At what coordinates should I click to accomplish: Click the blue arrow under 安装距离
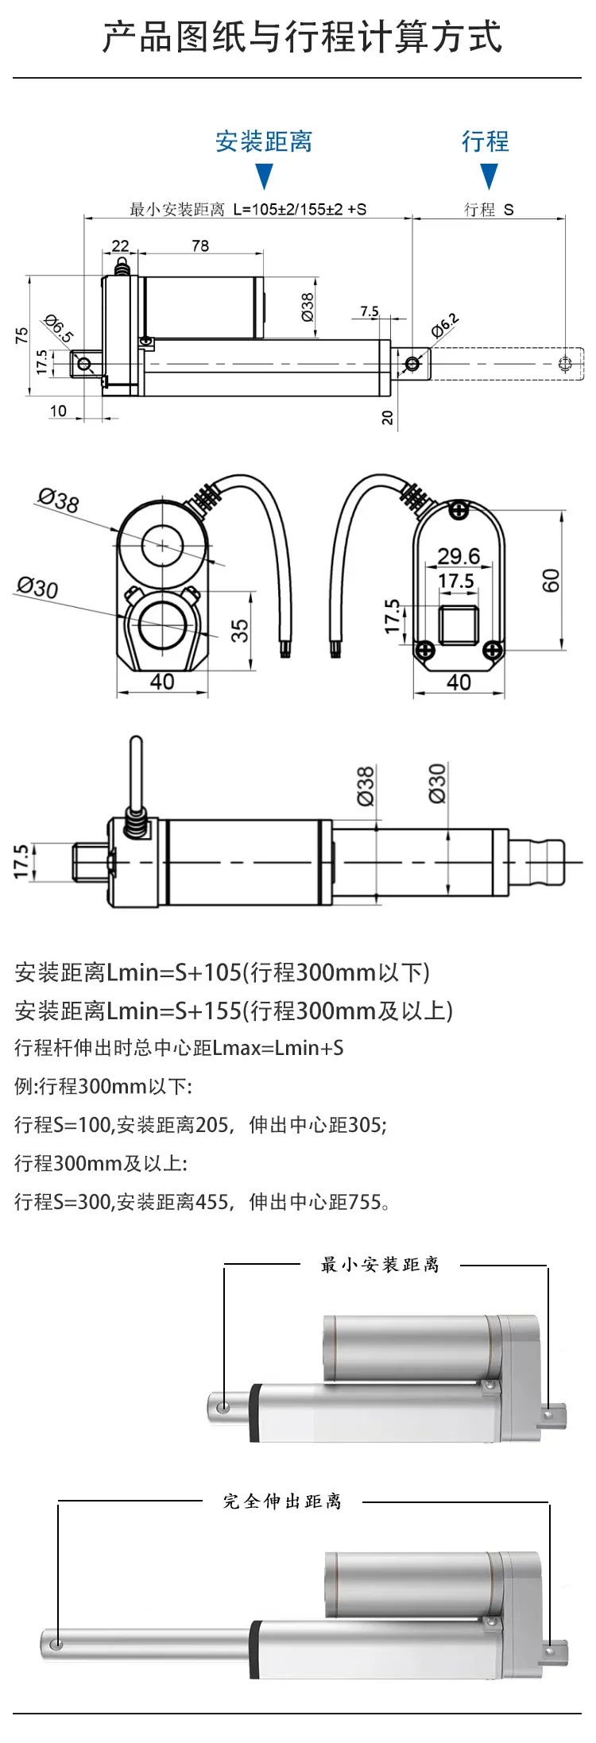coord(265,176)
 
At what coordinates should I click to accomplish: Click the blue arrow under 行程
coord(490,176)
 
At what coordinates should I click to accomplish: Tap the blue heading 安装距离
coord(264,141)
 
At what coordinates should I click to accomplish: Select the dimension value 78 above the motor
coord(200,245)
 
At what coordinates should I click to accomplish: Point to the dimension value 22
coord(120,245)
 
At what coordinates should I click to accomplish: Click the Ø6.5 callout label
coord(59,329)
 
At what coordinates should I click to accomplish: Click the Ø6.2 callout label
coord(445,325)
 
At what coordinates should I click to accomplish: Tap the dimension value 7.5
coord(370,311)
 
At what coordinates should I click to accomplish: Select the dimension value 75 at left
coord(21,335)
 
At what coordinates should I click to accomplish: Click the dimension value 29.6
coord(459,556)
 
